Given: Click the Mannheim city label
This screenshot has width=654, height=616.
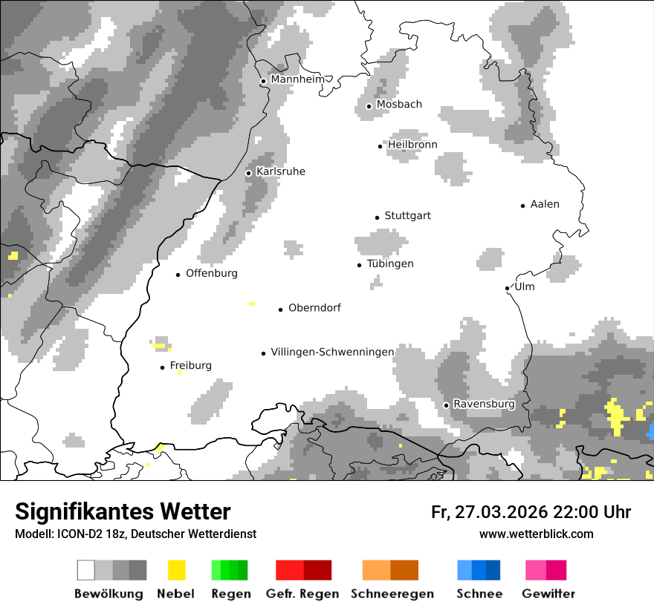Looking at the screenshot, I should pyautogui.click(x=298, y=79).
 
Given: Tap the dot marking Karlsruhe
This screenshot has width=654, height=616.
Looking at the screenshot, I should pyautogui.click(x=249, y=173).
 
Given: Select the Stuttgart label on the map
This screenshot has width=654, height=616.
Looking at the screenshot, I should pyautogui.click(x=407, y=216).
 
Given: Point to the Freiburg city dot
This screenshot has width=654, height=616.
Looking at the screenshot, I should pyautogui.click(x=162, y=367).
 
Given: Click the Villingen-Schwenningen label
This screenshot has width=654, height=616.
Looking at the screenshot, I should pyautogui.click(x=332, y=352).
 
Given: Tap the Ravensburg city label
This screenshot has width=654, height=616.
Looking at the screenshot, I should pyautogui.click(x=484, y=404).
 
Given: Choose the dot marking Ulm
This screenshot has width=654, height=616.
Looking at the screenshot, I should pyautogui.click(x=507, y=288).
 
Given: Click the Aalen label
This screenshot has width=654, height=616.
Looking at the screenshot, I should pyautogui.click(x=545, y=204).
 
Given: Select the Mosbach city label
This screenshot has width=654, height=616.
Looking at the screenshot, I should pyautogui.click(x=399, y=105).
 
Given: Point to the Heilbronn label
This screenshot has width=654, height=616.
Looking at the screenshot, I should pyautogui.click(x=412, y=145).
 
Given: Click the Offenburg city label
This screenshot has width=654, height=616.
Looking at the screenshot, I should pyautogui.click(x=212, y=273).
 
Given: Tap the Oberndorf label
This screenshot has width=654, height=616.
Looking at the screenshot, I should pyautogui.click(x=314, y=308).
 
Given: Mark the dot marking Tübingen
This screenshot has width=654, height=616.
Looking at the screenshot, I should pyautogui.click(x=360, y=265).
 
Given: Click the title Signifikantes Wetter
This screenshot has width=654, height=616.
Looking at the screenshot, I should pyautogui.click(x=123, y=511).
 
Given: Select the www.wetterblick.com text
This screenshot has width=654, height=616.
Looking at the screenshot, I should pyautogui.click(x=537, y=534).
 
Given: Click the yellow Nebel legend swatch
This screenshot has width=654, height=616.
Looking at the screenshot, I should pyautogui.click(x=177, y=570).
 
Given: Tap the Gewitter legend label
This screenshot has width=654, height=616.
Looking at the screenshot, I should pyautogui.click(x=548, y=594).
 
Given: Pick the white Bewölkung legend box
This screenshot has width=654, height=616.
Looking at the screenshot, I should pyautogui.click(x=86, y=570).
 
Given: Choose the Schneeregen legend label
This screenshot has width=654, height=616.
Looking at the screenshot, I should pyautogui.click(x=392, y=594).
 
